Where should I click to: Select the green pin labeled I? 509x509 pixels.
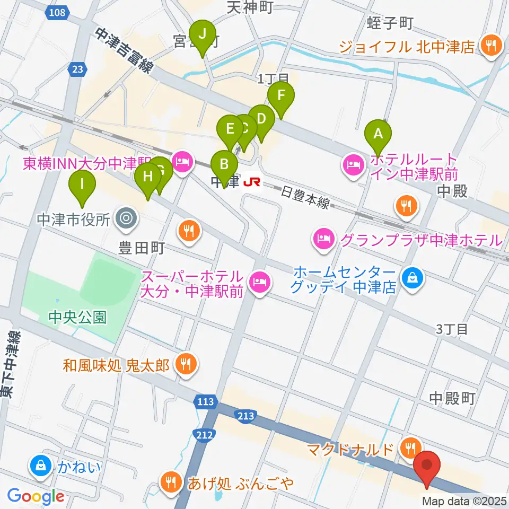click(x=82, y=186)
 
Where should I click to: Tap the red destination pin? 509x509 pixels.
click(x=427, y=466)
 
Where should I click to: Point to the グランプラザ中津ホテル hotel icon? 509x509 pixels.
click(x=323, y=240)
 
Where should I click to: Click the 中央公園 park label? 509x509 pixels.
click(x=77, y=317)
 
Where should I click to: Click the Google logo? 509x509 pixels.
click(x=36, y=497)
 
